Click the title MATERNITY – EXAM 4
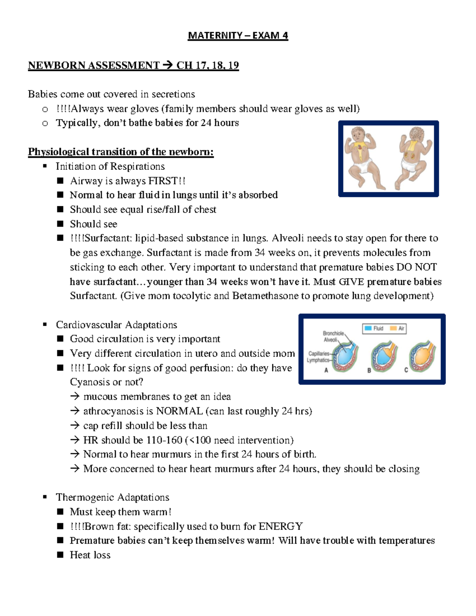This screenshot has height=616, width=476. (x=238, y=36)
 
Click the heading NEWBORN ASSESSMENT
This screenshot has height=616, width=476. (x=94, y=65)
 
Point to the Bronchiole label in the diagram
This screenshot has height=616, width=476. (x=333, y=333)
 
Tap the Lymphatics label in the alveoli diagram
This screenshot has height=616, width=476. (x=318, y=360)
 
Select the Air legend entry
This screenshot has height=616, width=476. (x=398, y=328)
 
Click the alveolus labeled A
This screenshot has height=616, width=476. (x=344, y=354)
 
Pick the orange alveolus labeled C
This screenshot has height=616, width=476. (x=422, y=354)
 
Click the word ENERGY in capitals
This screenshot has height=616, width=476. (x=280, y=526)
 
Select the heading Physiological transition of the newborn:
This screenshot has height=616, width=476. (x=121, y=152)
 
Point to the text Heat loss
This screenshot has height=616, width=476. (x=90, y=555)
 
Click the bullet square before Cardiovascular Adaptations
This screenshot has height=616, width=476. (x=45, y=325)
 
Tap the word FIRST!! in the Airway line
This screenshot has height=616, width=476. (x=167, y=181)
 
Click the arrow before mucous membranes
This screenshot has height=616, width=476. (x=75, y=397)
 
